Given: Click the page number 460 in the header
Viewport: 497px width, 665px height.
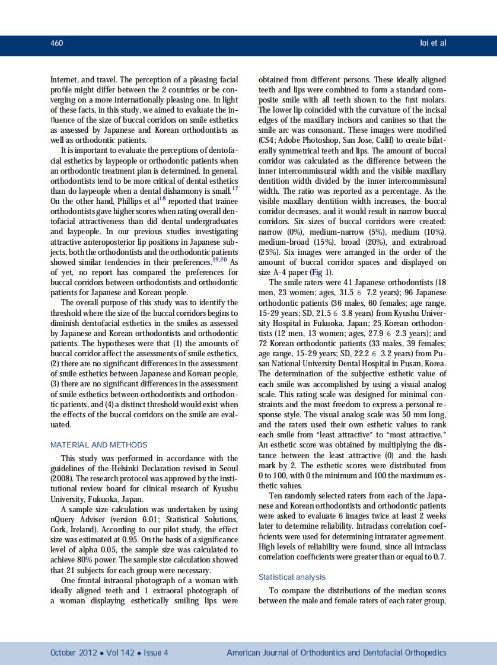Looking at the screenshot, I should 57,43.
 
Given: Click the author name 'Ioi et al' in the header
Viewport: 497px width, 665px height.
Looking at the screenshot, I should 433,43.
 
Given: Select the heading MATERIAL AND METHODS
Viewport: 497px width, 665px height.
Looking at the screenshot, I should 99,445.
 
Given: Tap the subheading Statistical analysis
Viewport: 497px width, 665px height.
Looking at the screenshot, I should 292,577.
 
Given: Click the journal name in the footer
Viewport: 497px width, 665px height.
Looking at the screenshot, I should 336,653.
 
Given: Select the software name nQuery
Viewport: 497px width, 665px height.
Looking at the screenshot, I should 63,519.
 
